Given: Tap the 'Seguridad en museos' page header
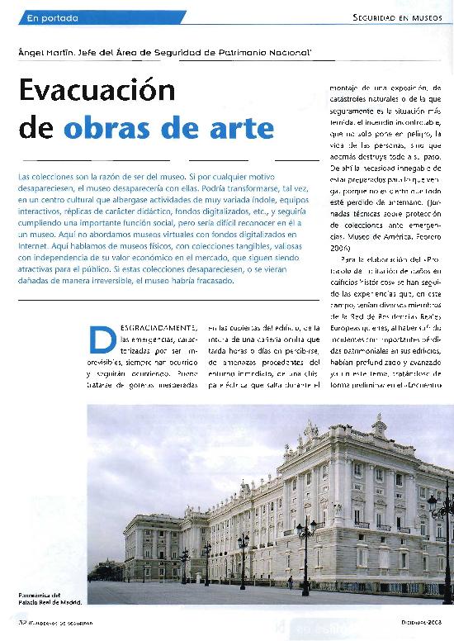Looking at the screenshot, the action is (397, 17).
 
